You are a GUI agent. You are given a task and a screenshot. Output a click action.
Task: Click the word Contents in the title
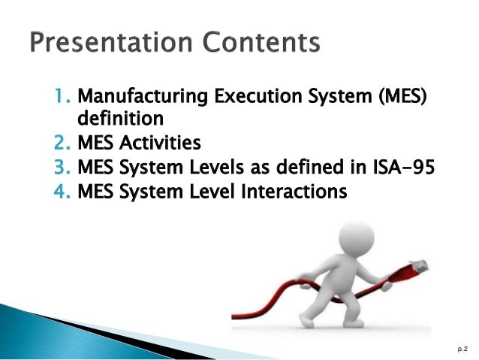[260, 43]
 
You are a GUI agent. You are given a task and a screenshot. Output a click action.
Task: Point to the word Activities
[166, 141]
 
